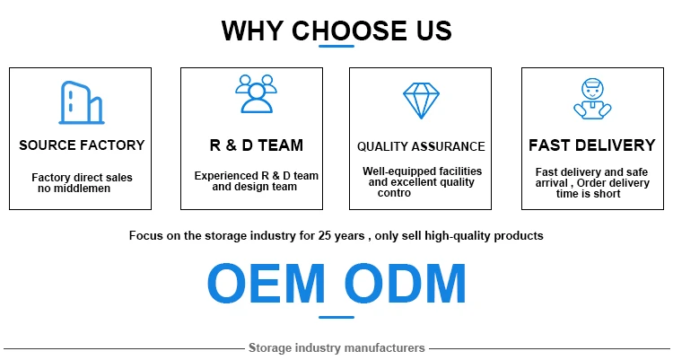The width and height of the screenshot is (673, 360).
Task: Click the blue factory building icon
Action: [x=81, y=101]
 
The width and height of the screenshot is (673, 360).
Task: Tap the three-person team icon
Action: [x=255, y=93]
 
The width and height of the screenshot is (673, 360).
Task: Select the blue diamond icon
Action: [x=420, y=101]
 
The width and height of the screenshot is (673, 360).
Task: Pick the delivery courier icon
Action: [x=591, y=99]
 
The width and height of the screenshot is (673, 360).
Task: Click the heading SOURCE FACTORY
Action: [x=82, y=145]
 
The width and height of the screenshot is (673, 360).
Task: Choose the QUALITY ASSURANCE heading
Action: [x=421, y=146]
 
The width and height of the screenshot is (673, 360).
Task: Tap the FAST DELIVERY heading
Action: [x=592, y=145]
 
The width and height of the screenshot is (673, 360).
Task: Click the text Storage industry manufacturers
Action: [x=336, y=347]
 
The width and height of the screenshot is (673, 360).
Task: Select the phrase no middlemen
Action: [x=72, y=188]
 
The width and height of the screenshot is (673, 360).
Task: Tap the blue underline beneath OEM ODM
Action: [x=336, y=316]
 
